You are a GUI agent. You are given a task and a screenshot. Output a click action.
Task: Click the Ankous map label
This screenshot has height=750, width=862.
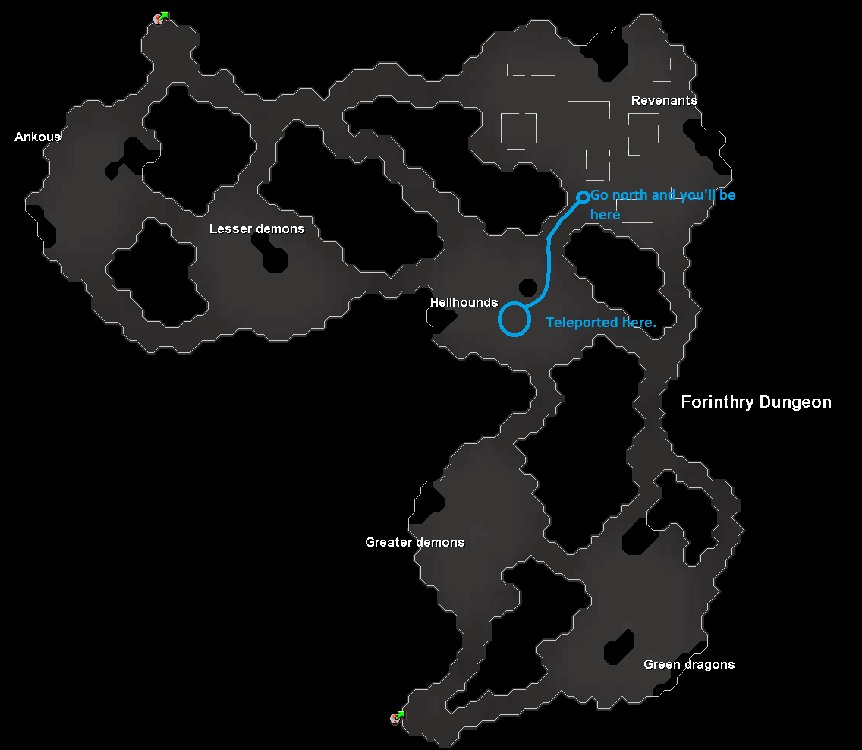click(x=38, y=137)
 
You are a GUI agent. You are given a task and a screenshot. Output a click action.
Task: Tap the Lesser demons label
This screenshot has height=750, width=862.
click(x=256, y=228)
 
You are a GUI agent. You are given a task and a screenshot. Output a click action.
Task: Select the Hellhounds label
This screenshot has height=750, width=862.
click(x=464, y=302)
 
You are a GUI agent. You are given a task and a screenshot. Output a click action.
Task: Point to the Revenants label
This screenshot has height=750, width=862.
click(x=664, y=100)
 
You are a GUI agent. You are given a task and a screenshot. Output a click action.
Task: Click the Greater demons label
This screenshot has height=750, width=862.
click(x=414, y=542)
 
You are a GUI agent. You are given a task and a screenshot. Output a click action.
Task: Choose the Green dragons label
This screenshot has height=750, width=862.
click(x=689, y=664)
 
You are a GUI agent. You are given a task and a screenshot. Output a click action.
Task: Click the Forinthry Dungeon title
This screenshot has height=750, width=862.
click(x=756, y=402)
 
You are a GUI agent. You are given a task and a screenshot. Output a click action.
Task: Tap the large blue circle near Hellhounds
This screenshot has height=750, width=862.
click(x=514, y=318)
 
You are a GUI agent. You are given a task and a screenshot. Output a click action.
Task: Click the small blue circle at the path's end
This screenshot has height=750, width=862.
click(x=583, y=197)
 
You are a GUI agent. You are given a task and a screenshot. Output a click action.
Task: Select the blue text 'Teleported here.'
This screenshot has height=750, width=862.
click(x=601, y=323)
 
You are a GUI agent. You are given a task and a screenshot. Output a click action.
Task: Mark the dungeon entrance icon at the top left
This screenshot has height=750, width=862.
click(x=159, y=18)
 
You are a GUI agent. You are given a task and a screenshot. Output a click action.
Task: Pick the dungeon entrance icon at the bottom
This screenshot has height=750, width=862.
click(x=396, y=717)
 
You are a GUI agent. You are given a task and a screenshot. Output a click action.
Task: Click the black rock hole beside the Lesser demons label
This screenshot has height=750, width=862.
click(x=275, y=257)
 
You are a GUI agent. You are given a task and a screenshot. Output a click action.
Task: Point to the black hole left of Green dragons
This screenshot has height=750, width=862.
click(x=618, y=647)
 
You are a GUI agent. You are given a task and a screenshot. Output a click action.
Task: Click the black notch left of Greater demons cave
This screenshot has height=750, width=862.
click(x=430, y=500)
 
